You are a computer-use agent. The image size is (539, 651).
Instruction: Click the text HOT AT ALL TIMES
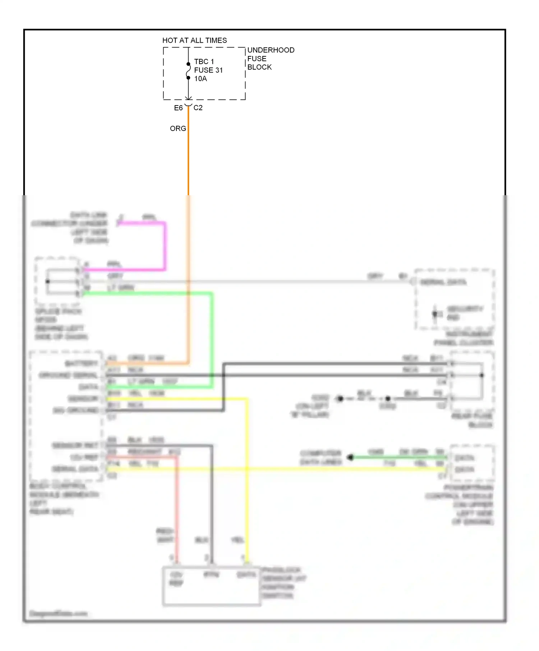pos(194,40)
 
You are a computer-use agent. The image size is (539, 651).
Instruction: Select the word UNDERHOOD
pos(271,50)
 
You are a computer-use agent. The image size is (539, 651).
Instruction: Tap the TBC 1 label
pos(204,61)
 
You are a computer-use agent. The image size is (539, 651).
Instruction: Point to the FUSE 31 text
pos(208,70)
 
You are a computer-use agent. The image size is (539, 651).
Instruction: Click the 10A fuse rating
pos(201,79)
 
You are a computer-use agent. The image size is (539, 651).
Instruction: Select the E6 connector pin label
pos(178,108)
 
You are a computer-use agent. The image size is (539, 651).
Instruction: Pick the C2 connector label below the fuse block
pos(198,108)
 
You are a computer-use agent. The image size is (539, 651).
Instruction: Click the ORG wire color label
pos(178,128)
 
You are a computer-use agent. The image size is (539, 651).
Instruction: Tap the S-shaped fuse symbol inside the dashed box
pos(188,71)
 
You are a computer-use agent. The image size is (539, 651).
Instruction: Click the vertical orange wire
pos(188,161)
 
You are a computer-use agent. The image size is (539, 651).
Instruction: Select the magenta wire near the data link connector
pos(165,248)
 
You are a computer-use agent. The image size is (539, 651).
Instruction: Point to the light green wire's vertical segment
pos(212,341)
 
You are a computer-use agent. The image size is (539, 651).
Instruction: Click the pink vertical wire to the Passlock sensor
pos(176,510)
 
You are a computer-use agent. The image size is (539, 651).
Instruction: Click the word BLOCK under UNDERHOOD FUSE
pos(259,67)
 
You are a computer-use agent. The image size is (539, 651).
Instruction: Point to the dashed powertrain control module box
pos(472,463)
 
